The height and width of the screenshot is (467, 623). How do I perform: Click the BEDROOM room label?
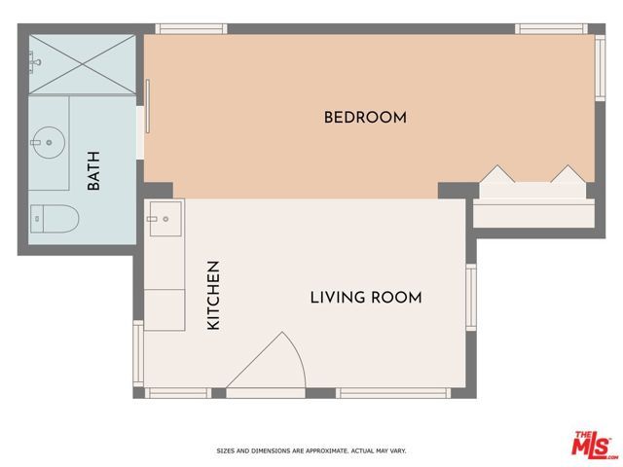coord(364,118)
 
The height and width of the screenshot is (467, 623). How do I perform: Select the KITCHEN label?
coord(213,295)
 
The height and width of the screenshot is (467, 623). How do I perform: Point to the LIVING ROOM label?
coord(366,298)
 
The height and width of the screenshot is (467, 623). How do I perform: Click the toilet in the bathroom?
coord(53,219)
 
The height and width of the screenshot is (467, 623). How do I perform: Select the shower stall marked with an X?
coord(82,64)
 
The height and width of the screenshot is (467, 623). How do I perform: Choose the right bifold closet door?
coord(567,174)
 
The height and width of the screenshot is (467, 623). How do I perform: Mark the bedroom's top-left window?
coord(185,28)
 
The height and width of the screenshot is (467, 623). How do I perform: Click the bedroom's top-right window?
coord(552,28)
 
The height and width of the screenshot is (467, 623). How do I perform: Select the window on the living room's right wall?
coord(471,297)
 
